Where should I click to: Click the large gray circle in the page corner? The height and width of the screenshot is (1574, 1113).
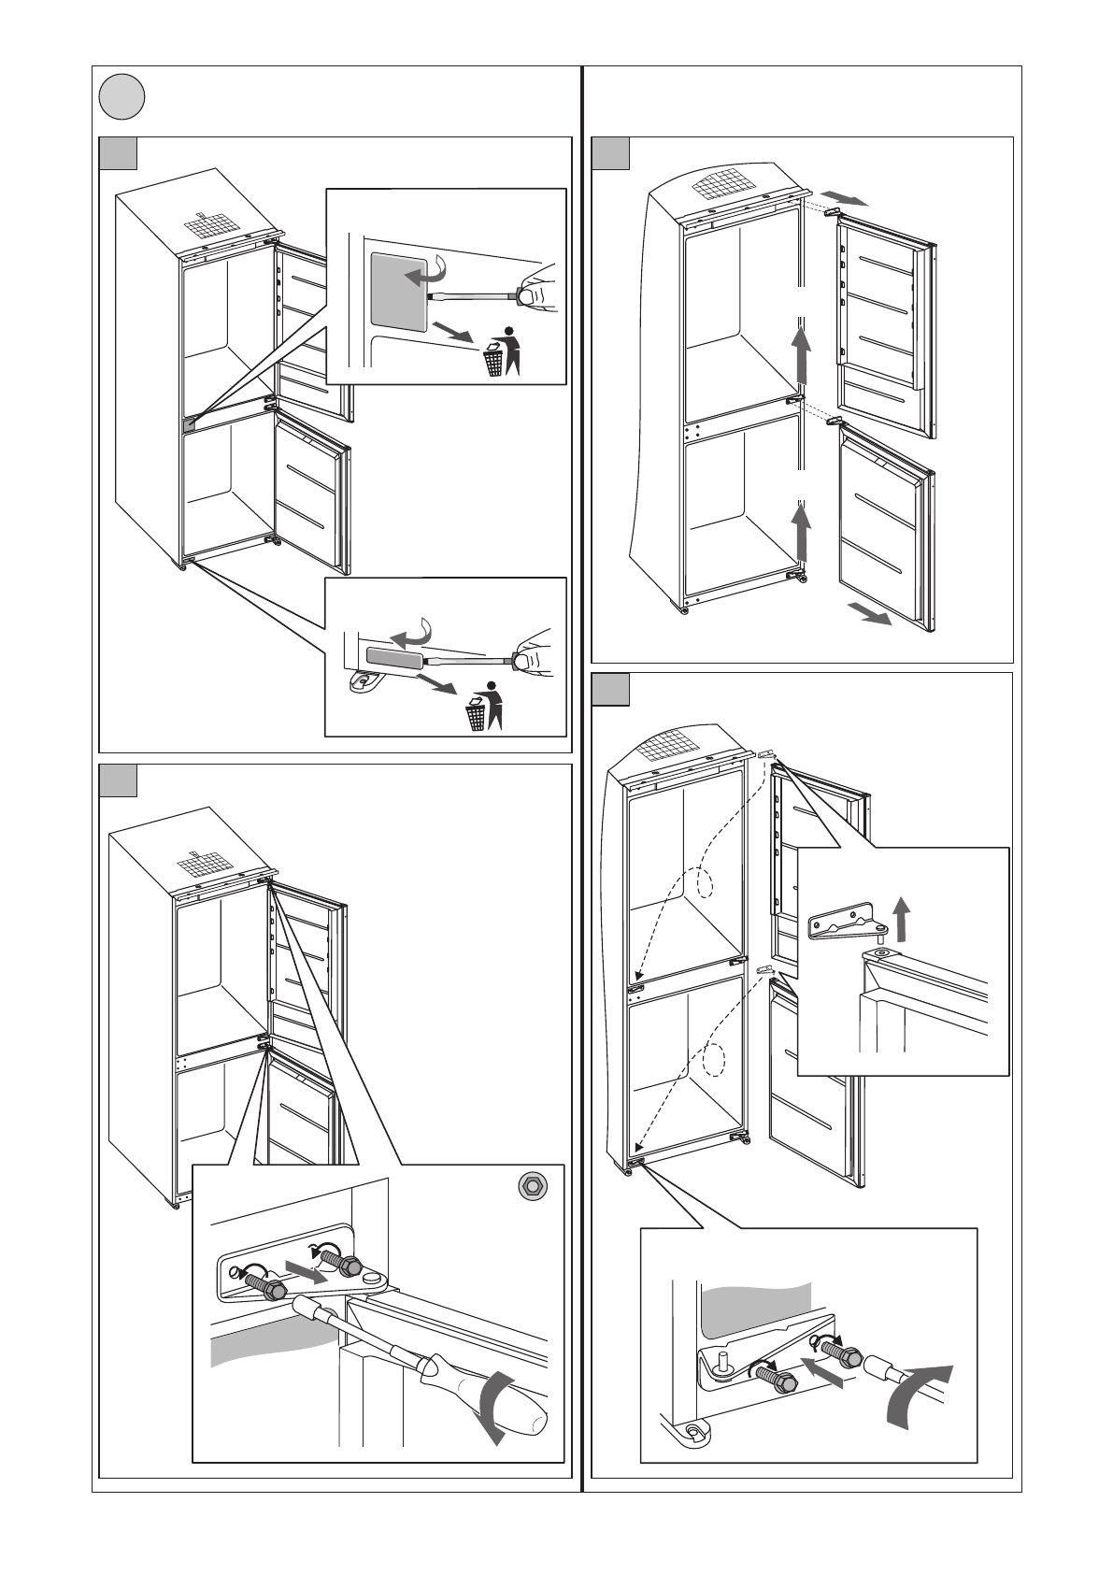123,97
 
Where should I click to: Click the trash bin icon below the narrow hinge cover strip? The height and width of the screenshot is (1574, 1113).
476,717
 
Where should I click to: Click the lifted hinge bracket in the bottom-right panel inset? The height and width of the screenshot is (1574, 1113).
844,927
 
